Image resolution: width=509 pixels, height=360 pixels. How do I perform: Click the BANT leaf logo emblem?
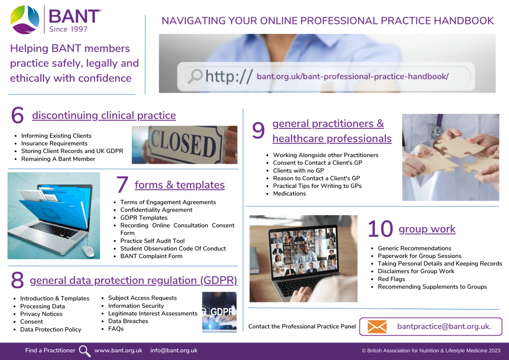(25, 19)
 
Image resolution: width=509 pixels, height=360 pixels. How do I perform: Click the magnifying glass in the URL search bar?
(195, 76)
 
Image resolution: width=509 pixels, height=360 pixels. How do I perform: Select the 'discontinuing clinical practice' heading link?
(104, 115)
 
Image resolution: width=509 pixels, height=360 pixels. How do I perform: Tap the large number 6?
(18, 115)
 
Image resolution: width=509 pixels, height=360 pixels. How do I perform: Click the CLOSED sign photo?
(184, 145)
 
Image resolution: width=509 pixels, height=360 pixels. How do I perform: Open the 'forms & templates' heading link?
(179, 185)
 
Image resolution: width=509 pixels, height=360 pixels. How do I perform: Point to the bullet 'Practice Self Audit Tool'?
(152, 241)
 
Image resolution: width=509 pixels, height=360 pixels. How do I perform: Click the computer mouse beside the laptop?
(88, 251)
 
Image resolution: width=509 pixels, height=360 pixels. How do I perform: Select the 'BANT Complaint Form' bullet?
(151, 256)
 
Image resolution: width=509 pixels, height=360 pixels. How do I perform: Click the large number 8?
(18, 280)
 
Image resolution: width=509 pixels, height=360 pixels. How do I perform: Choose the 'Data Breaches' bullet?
(128, 321)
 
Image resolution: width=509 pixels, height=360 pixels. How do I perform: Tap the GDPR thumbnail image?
(219, 312)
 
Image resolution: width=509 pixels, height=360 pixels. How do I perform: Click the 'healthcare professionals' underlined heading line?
(332, 139)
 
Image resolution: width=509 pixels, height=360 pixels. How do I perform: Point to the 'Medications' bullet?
(289, 193)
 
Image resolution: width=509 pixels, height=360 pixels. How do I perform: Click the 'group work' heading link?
(427, 229)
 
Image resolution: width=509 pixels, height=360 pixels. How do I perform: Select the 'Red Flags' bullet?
(391, 279)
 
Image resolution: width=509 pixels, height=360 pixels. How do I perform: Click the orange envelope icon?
(377, 327)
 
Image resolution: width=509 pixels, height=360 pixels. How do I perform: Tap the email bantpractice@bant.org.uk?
(444, 327)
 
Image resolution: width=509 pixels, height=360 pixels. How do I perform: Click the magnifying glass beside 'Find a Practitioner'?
(85, 351)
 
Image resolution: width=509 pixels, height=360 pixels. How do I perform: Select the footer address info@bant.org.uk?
(174, 350)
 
